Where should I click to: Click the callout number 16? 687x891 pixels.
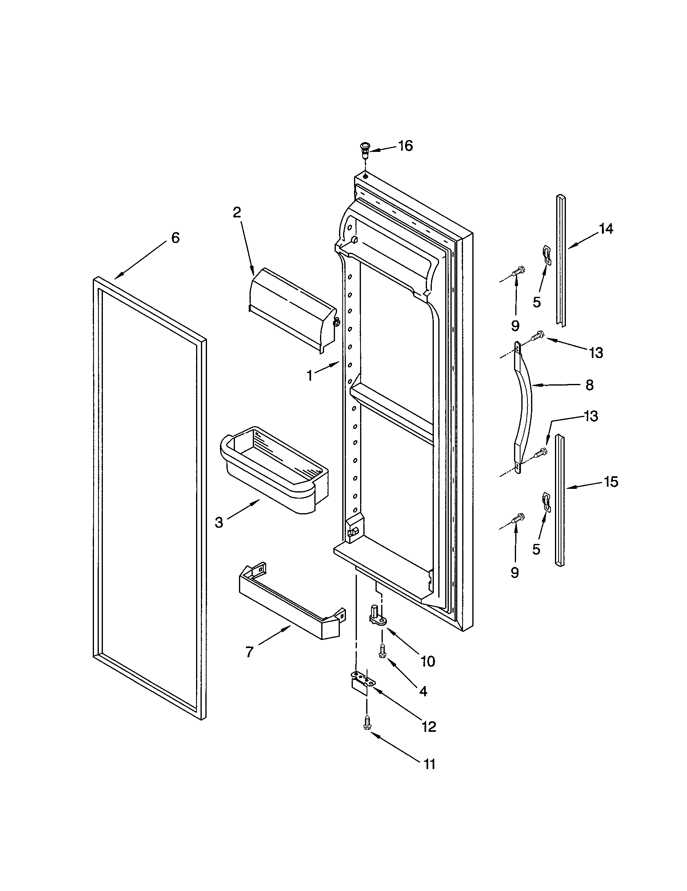coord(405,146)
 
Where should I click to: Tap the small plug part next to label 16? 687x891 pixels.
coord(363,151)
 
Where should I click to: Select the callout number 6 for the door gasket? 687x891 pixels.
coord(175,237)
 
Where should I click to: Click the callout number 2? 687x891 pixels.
coord(237,212)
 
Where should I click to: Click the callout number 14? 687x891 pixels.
coord(606,229)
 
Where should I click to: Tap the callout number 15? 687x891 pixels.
coord(611,482)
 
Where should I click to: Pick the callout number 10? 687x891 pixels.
coord(428,661)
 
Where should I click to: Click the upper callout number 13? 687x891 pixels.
coord(596,352)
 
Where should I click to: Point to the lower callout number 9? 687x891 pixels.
coord(514,573)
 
